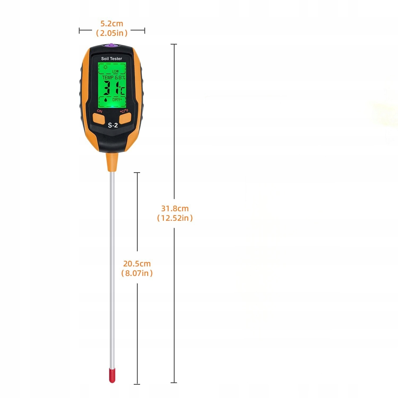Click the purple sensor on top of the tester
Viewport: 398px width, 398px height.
pyautogui.click(x=112, y=45)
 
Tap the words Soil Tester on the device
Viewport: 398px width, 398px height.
pyautogui.click(x=112, y=59)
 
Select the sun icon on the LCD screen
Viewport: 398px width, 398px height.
pyautogui.click(x=105, y=67)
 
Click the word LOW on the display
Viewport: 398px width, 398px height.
pyautogui.click(x=115, y=71)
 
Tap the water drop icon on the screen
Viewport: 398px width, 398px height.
pyautogui.click(x=106, y=100)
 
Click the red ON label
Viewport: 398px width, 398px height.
pyautogui.click(x=99, y=111)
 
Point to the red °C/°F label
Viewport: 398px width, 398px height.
pyautogui.click(x=124, y=111)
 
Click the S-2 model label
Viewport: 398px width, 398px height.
pyautogui.click(x=113, y=126)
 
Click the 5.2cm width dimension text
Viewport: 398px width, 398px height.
pyautogui.click(x=112, y=24)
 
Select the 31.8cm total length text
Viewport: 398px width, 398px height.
pyautogui.click(x=175, y=209)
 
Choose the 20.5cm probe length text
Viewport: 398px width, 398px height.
pyautogui.click(x=137, y=264)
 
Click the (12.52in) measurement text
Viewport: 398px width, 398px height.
pyautogui.click(x=175, y=218)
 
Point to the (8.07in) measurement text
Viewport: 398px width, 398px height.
pyautogui.click(x=137, y=273)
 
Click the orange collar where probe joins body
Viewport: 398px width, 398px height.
pyautogui.click(x=112, y=162)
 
